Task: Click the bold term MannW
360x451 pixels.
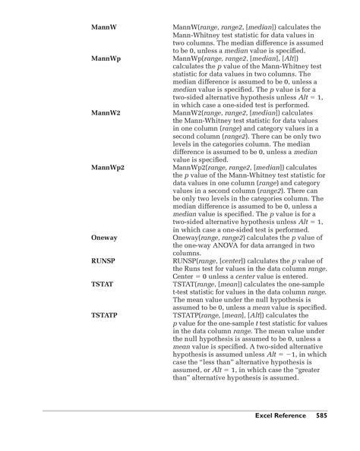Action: tap(103, 27)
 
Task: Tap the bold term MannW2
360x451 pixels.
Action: tap(106, 112)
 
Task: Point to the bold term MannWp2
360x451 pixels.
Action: tap(107, 167)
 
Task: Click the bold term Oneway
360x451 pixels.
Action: tap(105, 237)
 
